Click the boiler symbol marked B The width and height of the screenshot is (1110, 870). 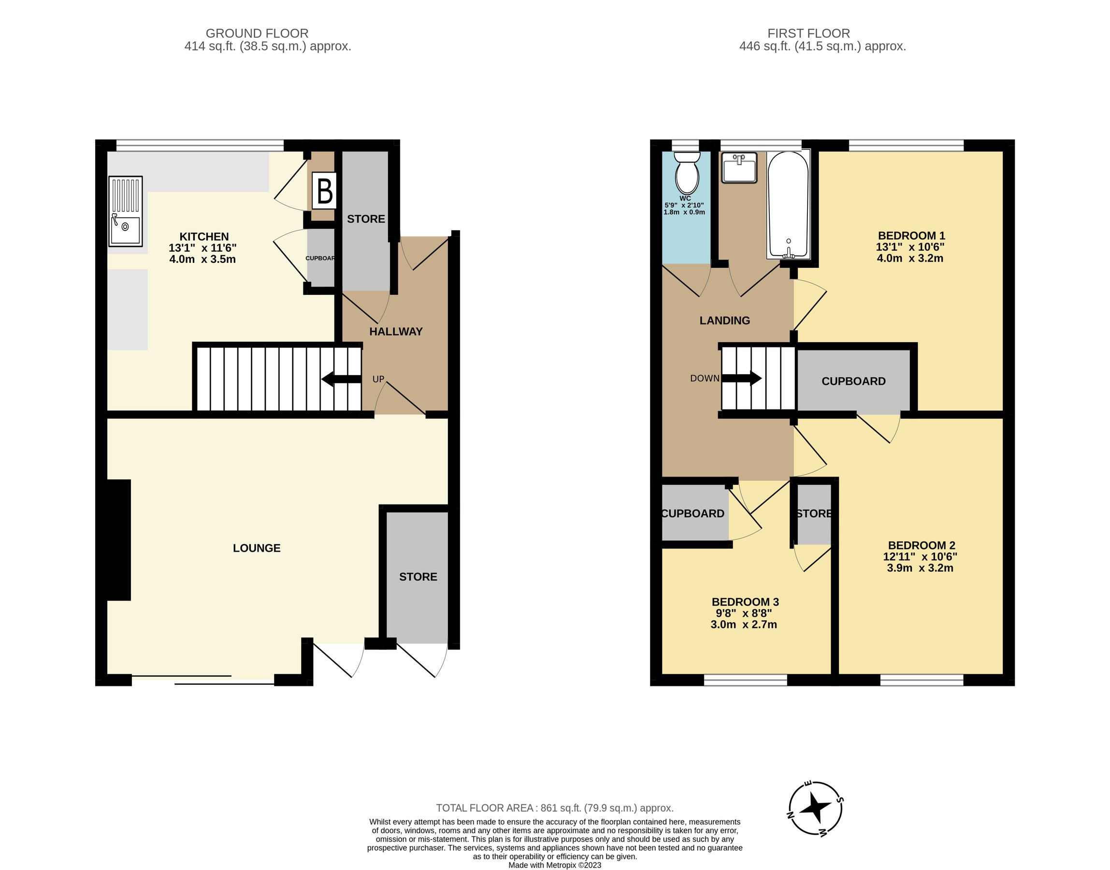324,191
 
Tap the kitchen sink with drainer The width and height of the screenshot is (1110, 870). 125,211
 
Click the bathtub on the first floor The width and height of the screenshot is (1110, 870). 788,205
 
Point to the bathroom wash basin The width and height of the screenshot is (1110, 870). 739,168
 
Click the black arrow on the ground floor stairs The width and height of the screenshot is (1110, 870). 341,379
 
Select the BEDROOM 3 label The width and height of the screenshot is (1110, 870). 745,602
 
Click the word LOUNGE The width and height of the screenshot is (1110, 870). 257,548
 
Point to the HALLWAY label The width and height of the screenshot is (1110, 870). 396,332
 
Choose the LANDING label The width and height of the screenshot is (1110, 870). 724,320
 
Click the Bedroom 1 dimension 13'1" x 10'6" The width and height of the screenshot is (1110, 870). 910,247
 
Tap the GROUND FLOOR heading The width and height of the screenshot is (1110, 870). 257,34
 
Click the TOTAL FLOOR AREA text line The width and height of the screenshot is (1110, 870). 554,808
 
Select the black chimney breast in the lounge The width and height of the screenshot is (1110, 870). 119,540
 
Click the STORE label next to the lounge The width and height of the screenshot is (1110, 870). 418,577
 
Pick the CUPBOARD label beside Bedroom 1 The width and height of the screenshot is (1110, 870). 853,381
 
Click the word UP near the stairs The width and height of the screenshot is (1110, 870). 378,379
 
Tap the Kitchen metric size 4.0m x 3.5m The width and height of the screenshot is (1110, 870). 202,259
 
